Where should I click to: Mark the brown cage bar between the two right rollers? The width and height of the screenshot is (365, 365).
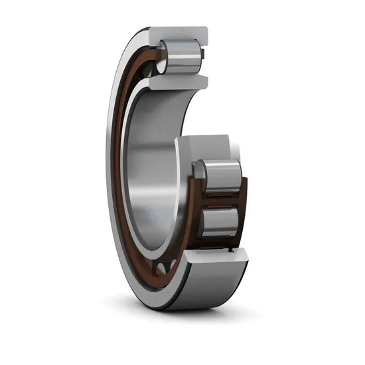[x=222, y=198]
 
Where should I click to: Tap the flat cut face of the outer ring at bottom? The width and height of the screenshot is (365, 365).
[x=212, y=256]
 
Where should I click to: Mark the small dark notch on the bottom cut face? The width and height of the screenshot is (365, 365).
[x=230, y=250]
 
